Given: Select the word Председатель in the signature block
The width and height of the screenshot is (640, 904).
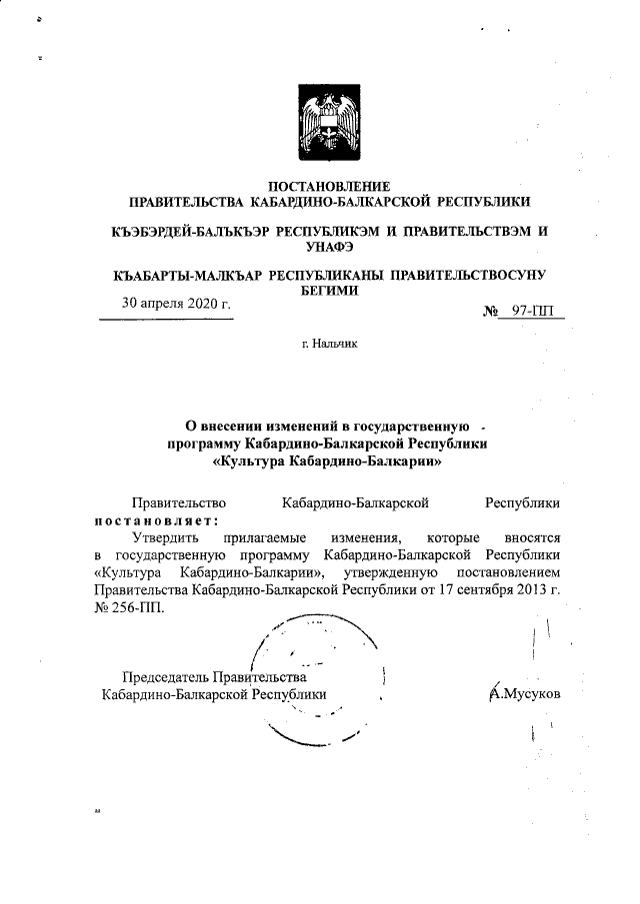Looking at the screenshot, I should pyautogui.click(x=165, y=676).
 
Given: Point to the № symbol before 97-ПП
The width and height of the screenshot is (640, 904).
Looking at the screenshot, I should pyautogui.click(x=491, y=312).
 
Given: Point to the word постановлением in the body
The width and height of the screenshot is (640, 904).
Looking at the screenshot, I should pyautogui.click(x=509, y=572).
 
